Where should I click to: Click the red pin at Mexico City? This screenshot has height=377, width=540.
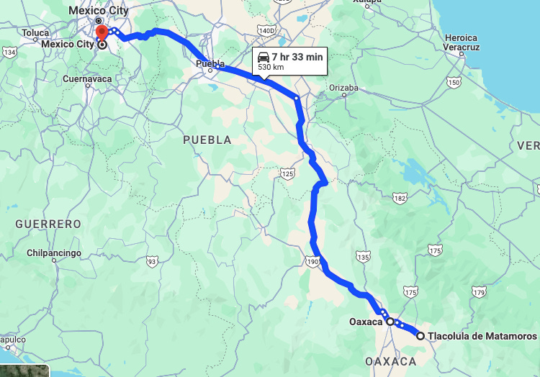click(x=102, y=32)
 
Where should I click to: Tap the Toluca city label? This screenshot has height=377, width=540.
click(x=35, y=33)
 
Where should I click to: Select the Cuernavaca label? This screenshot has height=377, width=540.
click(x=87, y=78)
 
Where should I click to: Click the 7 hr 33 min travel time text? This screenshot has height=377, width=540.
click(x=297, y=56)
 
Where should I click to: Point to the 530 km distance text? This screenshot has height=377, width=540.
click(x=271, y=67)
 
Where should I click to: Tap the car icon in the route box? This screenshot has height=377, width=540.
click(x=264, y=56)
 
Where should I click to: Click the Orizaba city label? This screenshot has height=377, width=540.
click(x=343, y=88)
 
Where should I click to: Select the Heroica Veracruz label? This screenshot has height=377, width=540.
click(x=461, y=42)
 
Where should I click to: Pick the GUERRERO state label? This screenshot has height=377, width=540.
click(x=48, y=224)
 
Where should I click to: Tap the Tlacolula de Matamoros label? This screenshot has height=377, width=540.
click(x=482, y=336)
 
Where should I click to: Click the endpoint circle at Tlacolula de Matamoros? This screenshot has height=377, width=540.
click(x=420, y=335)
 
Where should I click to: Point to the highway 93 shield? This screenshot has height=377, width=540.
click(x=151, y=262)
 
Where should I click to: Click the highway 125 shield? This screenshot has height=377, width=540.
click(x=288, y=173)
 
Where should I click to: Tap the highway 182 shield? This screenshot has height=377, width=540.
click(x=400, y=198)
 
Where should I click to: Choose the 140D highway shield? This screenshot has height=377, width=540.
click(x=266, y=31)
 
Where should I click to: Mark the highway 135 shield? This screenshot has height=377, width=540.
click(x=363, y=257)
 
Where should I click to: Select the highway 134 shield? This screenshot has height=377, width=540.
click(x=10, y=53)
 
